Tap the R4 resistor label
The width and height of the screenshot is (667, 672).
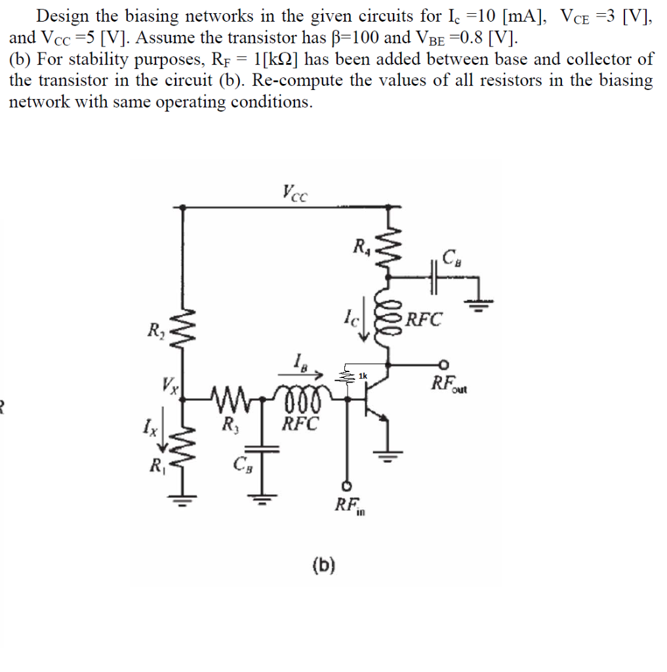point(361,248)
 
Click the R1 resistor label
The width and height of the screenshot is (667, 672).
point(156,467)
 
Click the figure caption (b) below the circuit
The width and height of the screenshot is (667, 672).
point(324,564)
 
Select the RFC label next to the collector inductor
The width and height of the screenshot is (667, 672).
point(424,320)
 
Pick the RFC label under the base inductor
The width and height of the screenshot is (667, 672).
point(300,423)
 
